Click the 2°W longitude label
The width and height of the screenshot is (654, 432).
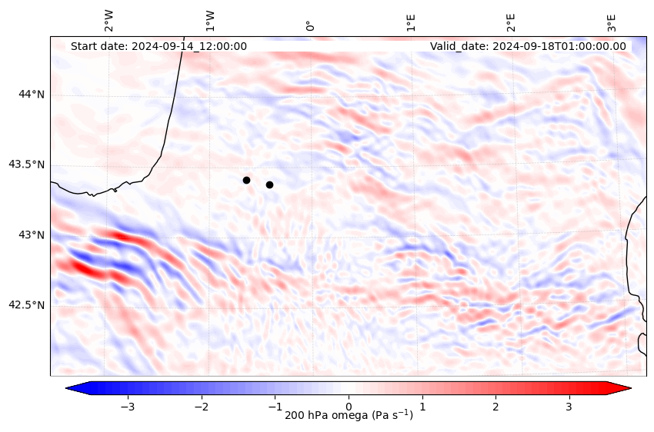pyautogui.click(x=109, y=21)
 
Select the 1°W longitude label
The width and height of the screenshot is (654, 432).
pyautogui.click(x=209, y=21)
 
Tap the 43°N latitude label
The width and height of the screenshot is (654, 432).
pyautogui.click(x=32, y=234)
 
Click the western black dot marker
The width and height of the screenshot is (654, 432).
pyautogui.click(x=246, y=180)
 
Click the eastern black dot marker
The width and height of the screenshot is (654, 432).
pyautogui.click(x=269, y=184)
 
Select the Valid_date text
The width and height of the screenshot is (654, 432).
pyautogui.click(x=528, y=46)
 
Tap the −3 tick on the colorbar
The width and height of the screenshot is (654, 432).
pyautogui.click(x=128, y=405)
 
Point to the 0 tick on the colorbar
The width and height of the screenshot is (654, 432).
pyautogui.click(x=349, y=405)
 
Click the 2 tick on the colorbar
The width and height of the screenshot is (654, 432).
pyautogui.click(x=496, y=405)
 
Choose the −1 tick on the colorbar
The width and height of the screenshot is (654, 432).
pyautogui.click(x=275, y=405)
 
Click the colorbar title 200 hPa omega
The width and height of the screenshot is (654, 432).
pyautogui.click(x=349, y=416)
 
